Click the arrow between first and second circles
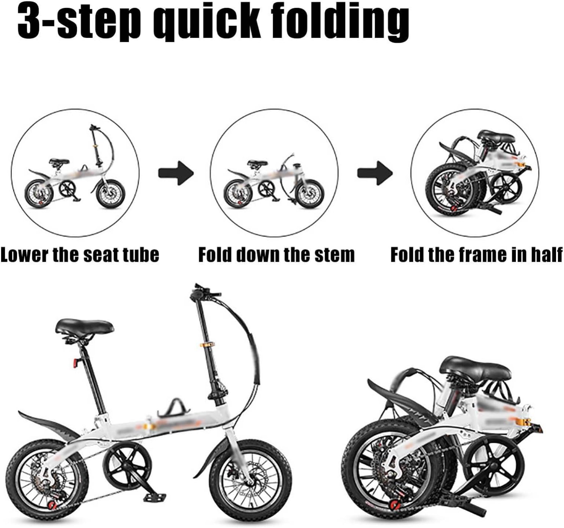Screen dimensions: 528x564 176,173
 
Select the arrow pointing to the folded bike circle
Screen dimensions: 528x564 375,173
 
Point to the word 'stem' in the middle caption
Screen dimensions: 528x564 334,255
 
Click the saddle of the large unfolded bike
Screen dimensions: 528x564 85,326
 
